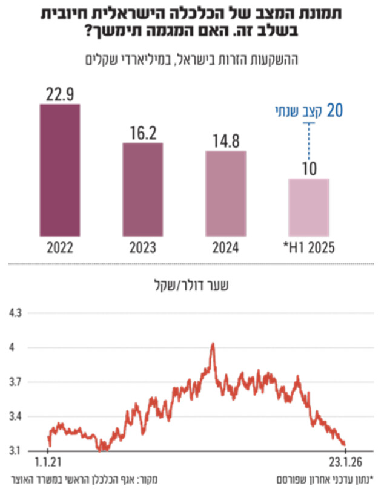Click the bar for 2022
[59, 170]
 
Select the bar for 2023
[142, 189]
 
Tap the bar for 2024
[225, 194]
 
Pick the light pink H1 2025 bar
[308, 207]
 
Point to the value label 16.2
[142, 133]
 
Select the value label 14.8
[225, 141]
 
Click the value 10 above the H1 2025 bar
[309, 169]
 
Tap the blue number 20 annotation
[335, 111]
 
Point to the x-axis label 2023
[142, 248]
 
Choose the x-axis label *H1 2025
[310, 248]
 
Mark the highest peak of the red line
[213, 344]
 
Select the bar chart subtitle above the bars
[191, 59]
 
